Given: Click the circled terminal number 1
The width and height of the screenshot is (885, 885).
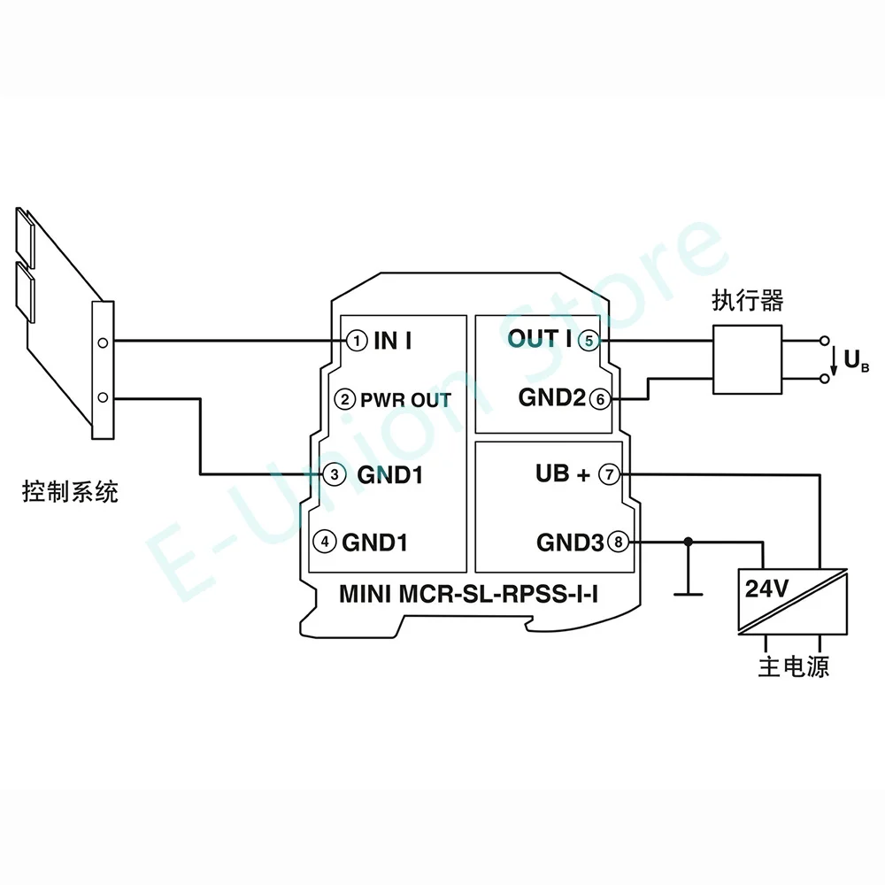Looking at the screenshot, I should coord(355,340).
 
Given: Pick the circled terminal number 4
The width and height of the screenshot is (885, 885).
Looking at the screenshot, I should coord(327,541).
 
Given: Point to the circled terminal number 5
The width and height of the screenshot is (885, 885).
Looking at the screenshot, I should coord(587,339).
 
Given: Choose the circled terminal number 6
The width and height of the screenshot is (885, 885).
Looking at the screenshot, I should coord(600,399).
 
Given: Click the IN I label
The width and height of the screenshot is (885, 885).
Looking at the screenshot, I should coord(393,340).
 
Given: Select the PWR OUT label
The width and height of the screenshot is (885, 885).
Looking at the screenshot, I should coord(405,400).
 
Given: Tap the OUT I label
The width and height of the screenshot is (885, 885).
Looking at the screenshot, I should coord(539,339).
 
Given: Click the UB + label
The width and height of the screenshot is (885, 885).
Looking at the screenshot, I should coord(562,474).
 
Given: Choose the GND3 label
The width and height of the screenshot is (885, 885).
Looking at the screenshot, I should coord(570,542).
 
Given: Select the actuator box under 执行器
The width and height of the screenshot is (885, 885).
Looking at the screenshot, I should coord(748,359).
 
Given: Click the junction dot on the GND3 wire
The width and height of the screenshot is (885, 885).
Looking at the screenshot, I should coord(689,542).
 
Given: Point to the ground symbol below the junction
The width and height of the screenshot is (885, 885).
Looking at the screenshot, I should coord(689,594).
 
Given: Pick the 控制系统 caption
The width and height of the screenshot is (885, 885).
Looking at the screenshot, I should coord(70,492).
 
